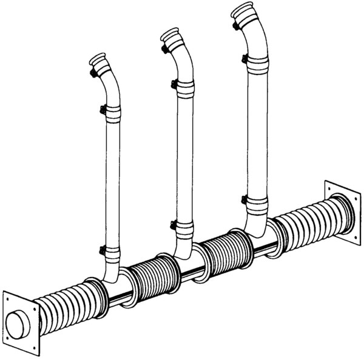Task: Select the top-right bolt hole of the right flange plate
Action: click(355, 195)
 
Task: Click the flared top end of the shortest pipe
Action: click(98, 61)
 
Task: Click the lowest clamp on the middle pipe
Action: click(182, 226)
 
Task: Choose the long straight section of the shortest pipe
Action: click(112, 182)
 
